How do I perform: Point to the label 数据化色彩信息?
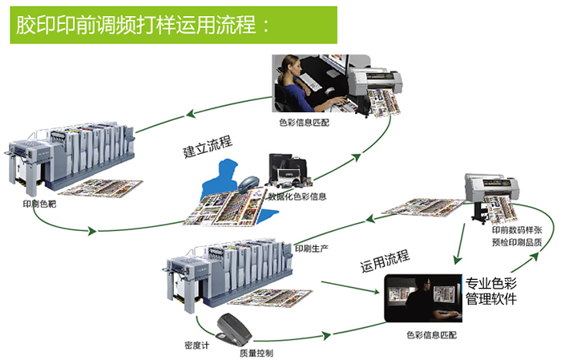(x=301, y=196)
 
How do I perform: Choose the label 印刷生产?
(x=312, y=247)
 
